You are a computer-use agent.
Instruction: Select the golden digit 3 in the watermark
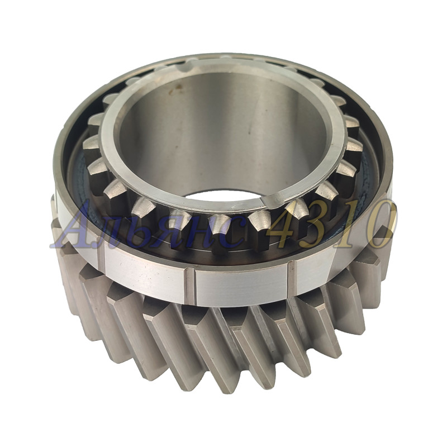pos(316,224)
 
